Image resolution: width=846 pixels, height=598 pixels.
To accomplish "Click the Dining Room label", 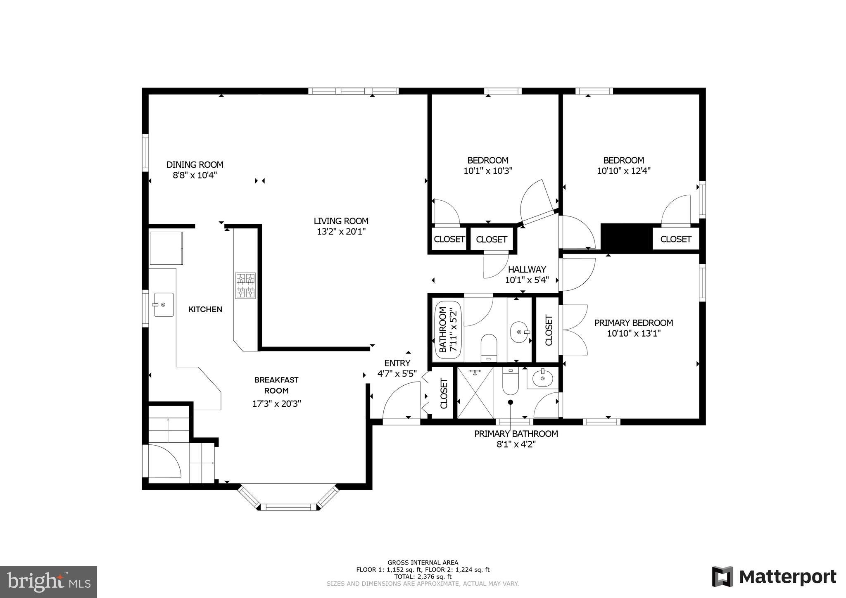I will coord(195,164).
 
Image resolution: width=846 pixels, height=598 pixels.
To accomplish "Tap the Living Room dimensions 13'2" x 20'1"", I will coord(341,232).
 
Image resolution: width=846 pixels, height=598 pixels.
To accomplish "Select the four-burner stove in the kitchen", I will coord(245,285).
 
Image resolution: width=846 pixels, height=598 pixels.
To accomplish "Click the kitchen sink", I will coord(164,305).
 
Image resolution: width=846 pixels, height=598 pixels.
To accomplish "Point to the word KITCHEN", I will coord(205,309).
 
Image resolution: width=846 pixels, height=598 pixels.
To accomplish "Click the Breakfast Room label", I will coord(276,385).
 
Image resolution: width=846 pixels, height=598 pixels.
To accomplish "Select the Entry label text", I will coord(397,363).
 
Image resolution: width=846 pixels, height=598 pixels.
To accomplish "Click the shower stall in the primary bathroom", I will coord(475,392).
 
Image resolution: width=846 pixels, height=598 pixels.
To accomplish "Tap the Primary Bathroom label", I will coord(516,434).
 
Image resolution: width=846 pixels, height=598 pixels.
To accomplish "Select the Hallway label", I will coord(527,269).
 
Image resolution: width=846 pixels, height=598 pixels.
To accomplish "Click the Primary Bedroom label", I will coord(633,323).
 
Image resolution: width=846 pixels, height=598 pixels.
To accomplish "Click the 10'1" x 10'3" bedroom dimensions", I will coord(488,171).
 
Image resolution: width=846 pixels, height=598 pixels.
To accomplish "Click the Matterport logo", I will coord(774,577).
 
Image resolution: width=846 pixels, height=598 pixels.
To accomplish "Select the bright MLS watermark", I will coord(49,582).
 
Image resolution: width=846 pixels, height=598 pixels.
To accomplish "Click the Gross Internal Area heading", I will coord(423,562).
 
